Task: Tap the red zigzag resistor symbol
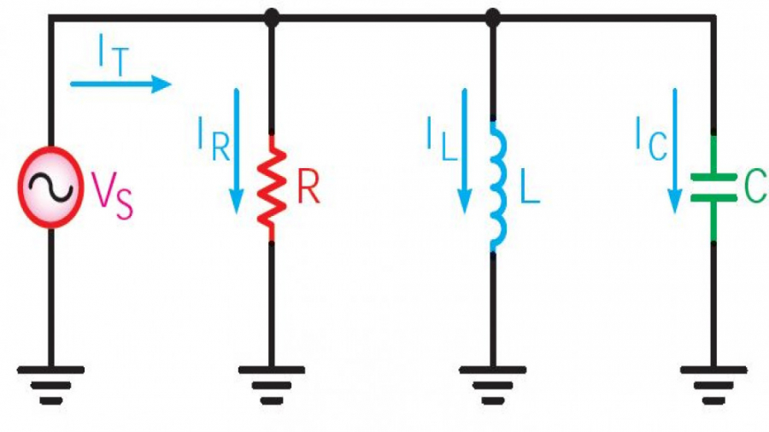click(272, 189)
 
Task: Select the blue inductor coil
click(497, 186)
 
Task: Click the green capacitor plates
click(713, 188)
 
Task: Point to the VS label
click(112, 196)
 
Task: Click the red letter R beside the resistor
click(308, 188)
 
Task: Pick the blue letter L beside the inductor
click(530, 188)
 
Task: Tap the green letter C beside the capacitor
click(756, 188)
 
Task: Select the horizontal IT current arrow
click(120, 84)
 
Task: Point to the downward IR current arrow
click(237, 151)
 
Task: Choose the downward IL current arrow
click(465, 151)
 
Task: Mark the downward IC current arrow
click(675, 151)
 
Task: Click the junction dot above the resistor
click(272, 18)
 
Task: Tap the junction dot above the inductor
click(493, 18)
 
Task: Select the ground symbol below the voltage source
click(51, 385)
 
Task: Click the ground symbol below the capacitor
click(713, 385)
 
